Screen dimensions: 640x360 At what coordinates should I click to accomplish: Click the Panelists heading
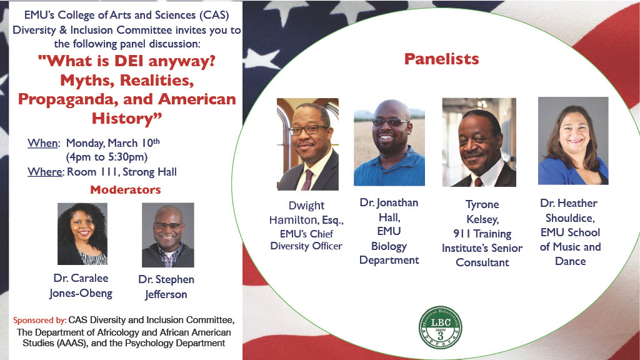click(x=442, y=59)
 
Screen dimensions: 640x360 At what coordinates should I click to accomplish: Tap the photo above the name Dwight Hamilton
click(x=307, y=144)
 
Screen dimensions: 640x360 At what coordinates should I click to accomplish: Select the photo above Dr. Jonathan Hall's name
click(x=389, y=142)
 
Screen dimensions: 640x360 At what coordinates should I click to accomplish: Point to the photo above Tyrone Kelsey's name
click(x=479, y=142)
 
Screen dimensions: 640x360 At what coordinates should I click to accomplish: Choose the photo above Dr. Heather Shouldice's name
click(x=573, y=141)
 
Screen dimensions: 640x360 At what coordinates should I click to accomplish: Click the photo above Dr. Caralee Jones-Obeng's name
click(x=82, y=234)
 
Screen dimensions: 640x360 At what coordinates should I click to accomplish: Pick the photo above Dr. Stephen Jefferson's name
click(x=167, y=235)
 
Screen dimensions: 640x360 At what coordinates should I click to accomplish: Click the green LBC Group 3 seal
click(x=441, y=327)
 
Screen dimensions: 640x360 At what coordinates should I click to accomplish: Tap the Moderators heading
click(x=125, y=190)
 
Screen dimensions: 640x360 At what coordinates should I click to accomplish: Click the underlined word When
click(x=43, y=143)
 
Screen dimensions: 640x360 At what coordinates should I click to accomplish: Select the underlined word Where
click(x=45, y=172)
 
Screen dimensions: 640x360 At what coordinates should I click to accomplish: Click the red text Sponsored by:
click(x=39, y=321)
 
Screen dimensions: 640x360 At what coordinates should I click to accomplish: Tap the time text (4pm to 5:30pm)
click(x=106, y=157)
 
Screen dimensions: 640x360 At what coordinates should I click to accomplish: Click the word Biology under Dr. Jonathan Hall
click(x=389, y=246)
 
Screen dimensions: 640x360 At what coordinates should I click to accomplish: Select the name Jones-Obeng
click(x=81, y=294)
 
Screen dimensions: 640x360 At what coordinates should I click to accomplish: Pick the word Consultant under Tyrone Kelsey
click(x=482, y=262)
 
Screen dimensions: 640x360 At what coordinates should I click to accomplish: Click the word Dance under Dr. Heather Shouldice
click(x=570, y=261)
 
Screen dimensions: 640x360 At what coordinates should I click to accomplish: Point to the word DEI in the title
click(x=129, y=61)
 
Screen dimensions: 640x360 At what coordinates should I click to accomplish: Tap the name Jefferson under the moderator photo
click(x=166, y=295)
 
